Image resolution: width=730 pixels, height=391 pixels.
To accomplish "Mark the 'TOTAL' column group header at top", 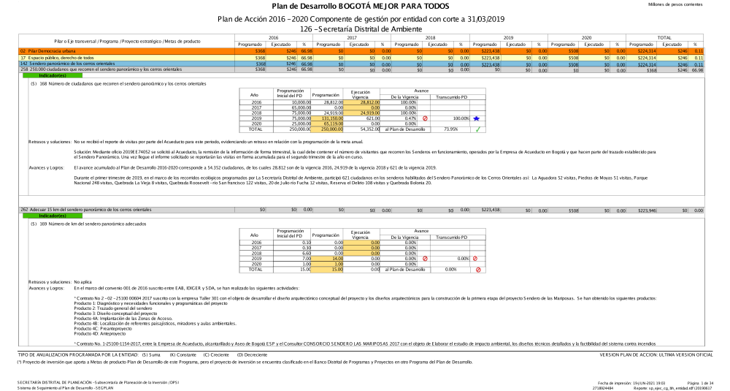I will pyautogui.click(x=664, y=37).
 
